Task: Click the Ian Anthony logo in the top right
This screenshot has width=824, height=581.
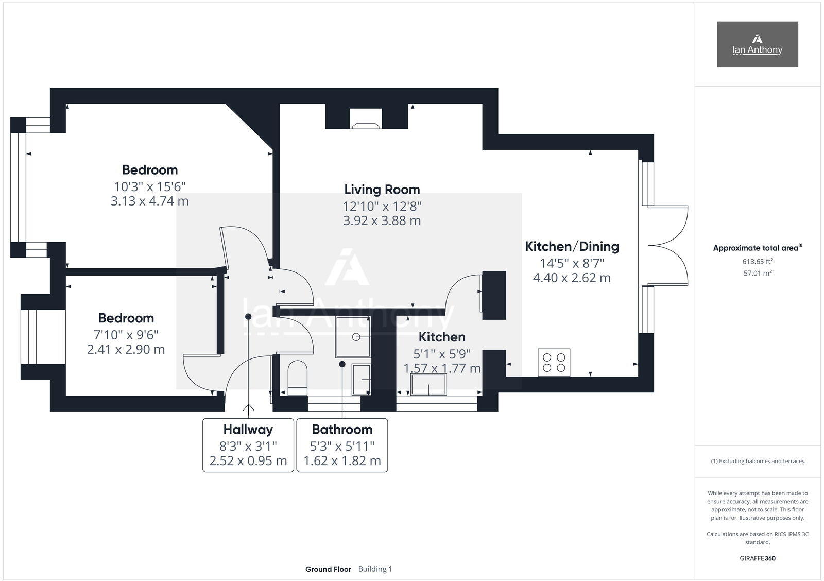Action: [757, 44]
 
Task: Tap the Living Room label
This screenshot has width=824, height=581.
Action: [382, 190]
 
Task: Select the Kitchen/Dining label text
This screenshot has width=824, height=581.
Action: [572, 246]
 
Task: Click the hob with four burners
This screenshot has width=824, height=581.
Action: [554, 362]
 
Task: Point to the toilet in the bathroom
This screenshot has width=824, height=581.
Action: [297, 377]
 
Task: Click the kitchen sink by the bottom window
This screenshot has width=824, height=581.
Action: [428, 385]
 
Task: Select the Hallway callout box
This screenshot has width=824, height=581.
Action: [248, 445]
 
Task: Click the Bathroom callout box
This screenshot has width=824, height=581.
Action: [342, 445]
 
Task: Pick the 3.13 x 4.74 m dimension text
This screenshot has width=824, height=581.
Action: [149, 201]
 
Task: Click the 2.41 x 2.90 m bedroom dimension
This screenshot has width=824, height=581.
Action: [126, 350]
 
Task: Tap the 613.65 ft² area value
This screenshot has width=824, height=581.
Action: [757, 262]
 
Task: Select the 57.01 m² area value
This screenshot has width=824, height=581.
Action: [757, 273]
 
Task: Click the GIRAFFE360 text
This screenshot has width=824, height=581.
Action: [757, 558]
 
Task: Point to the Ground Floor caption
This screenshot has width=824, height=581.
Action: [328, 569]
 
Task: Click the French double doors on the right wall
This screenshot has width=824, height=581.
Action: [667, 246]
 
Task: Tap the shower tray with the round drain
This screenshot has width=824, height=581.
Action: [353, 337]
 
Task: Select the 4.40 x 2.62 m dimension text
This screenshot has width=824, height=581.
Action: [572, 278]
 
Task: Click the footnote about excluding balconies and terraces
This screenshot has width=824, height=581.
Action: [757, 461]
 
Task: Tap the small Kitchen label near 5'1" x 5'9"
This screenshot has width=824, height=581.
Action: [442, 337]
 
